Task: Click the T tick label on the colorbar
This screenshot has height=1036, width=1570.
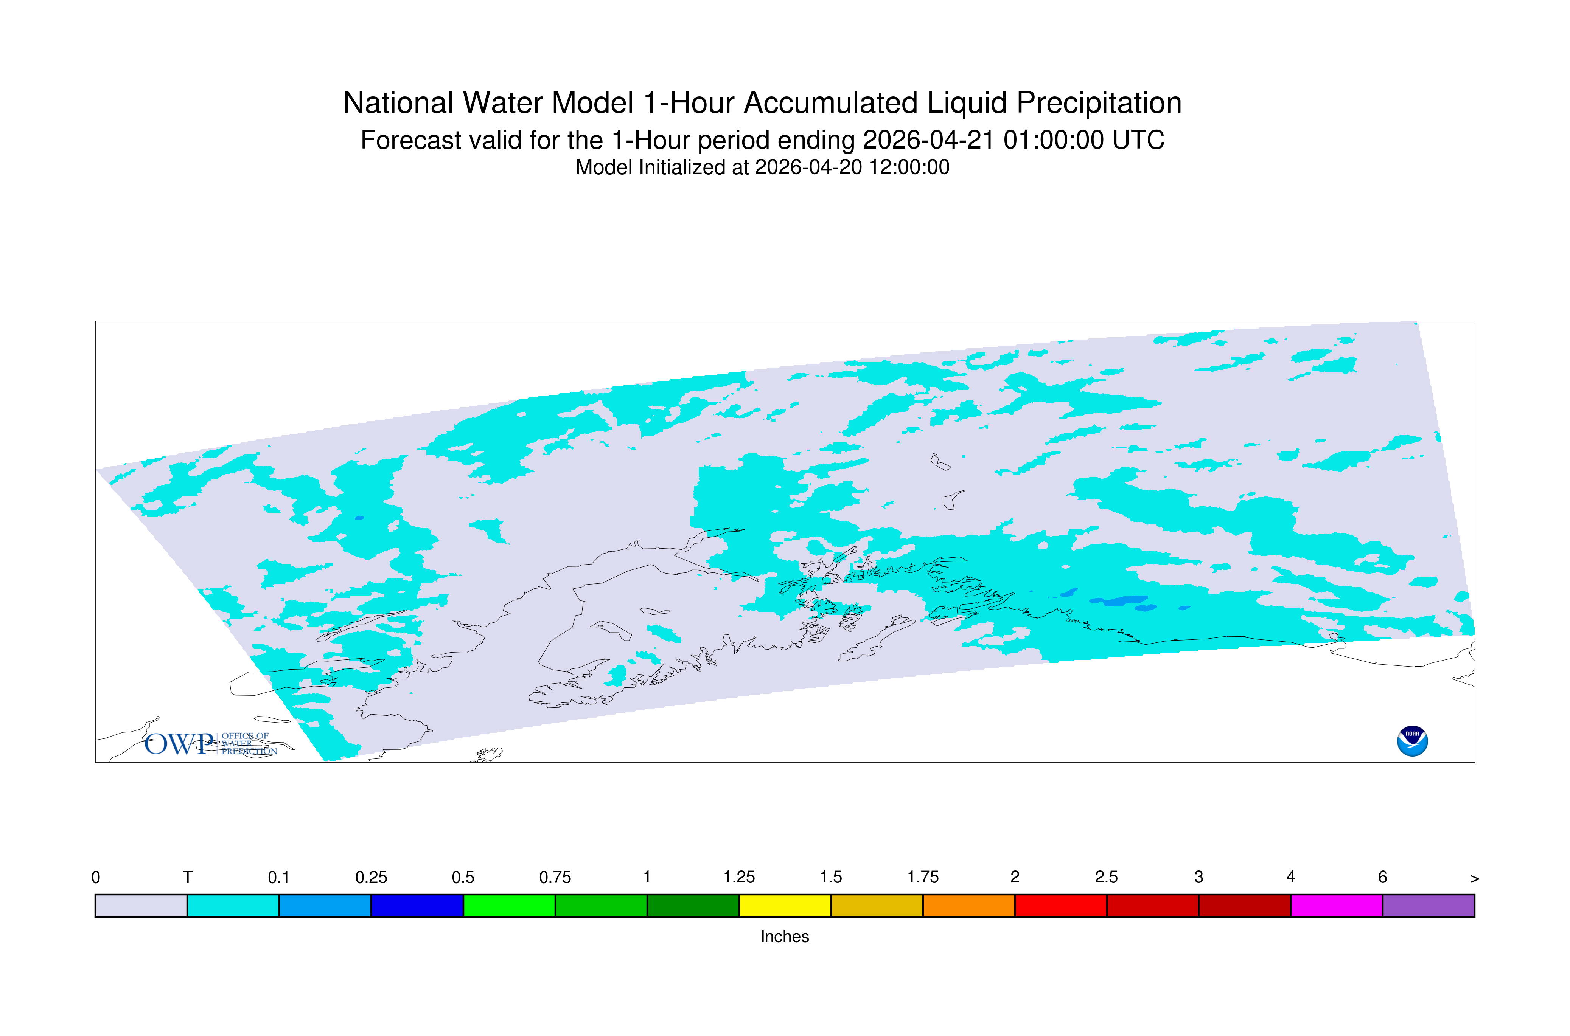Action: [x=188, y=878]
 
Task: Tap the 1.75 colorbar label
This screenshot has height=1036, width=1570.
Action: [x=923, y=878]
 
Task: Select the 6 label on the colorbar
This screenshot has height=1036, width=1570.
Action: [x=1382, y=878]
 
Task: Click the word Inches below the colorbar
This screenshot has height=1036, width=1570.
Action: [x=785, y=936]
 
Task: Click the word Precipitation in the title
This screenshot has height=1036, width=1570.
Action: [x=1099, y=104]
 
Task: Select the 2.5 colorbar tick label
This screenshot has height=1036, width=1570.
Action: [x=1107, y=878]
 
